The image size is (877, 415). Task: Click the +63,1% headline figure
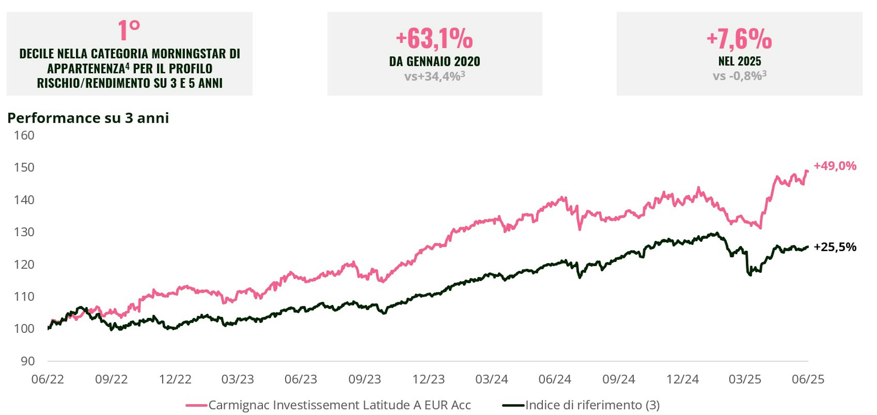(434, 38)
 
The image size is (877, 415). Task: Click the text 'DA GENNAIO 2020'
(434, 61)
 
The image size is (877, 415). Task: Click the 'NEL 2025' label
(740, 61)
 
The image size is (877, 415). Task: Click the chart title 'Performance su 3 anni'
(88, 118)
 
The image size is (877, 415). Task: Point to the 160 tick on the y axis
(24, 135)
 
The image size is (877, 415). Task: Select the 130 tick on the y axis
(24, 232)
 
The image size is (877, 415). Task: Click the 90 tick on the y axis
(27, 361)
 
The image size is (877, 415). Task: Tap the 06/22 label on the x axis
(48, 379)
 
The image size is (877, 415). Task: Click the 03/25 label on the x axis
(745, 379)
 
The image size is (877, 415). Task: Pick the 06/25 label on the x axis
(808, 379)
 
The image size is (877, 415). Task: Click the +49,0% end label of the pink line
(835, 166)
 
